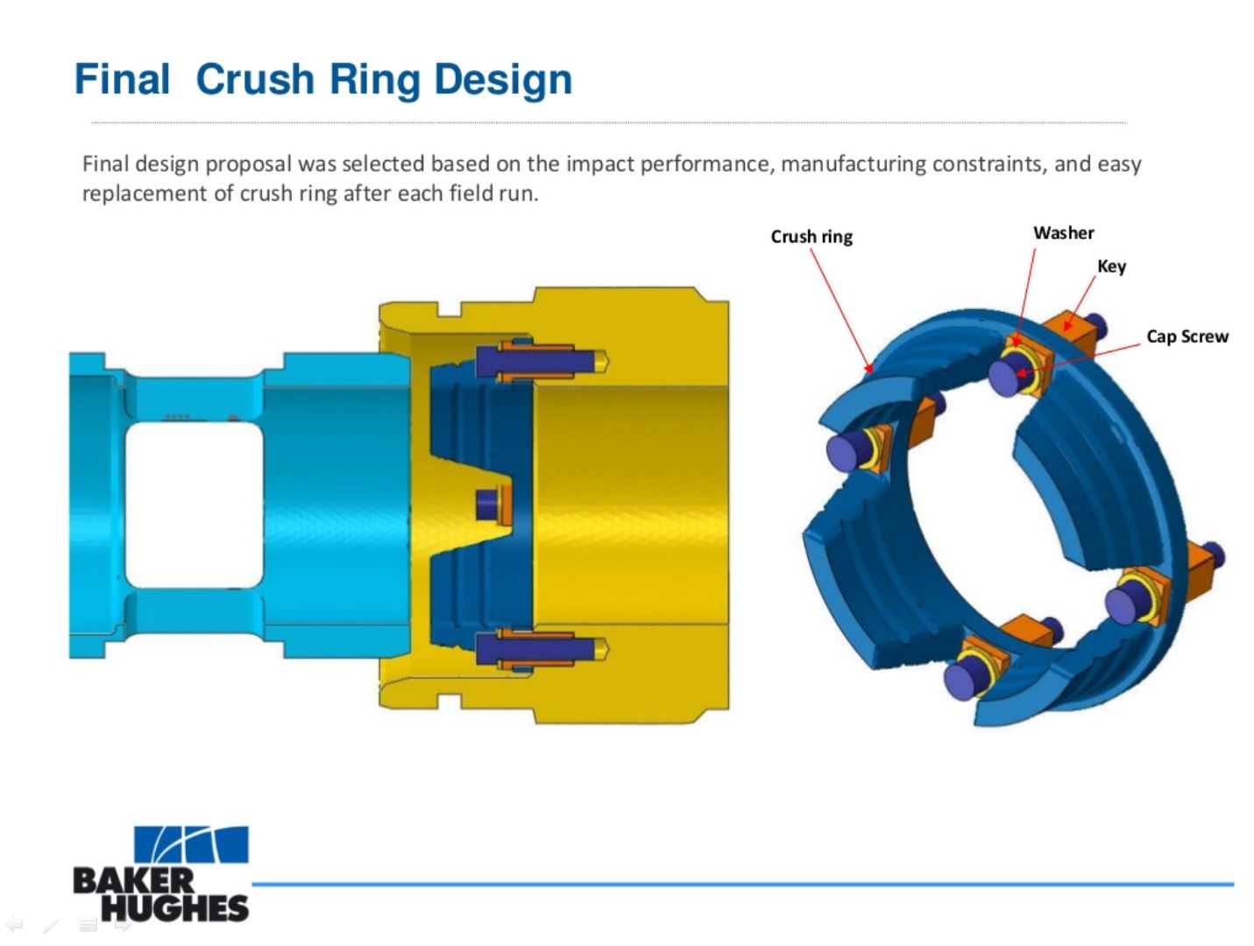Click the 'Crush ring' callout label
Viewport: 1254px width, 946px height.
[811, 236]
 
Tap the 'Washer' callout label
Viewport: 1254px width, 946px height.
[1063, 233]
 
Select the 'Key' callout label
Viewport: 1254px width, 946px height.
[1111, 266]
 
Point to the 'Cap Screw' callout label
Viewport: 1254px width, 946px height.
[1187, 336]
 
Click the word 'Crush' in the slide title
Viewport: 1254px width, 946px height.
[255, 79]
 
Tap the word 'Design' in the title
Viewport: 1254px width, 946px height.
[503, 81]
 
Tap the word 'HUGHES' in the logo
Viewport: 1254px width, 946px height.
[174, 907]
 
